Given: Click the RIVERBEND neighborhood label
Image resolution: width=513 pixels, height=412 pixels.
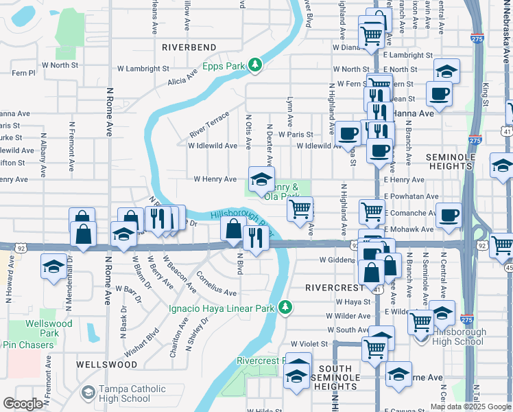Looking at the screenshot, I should click(189, 47).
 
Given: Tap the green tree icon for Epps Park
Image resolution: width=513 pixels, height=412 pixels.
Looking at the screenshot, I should click(255, 65).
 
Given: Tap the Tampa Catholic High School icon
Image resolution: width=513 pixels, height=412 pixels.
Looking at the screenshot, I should click(87, 391).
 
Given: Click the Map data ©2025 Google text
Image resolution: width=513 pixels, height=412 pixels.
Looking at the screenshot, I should click(470, 407).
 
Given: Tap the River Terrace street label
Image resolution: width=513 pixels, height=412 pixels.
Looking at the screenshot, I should click(209, 124).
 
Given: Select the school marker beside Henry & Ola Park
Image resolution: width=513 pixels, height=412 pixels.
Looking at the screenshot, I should click(261, 180).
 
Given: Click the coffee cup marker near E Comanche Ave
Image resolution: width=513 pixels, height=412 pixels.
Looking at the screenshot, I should click(449, 216).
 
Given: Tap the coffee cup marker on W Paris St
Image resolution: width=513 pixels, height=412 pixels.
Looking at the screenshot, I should click(348, 133).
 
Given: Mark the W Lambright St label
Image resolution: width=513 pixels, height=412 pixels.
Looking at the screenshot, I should click(143, 69).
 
